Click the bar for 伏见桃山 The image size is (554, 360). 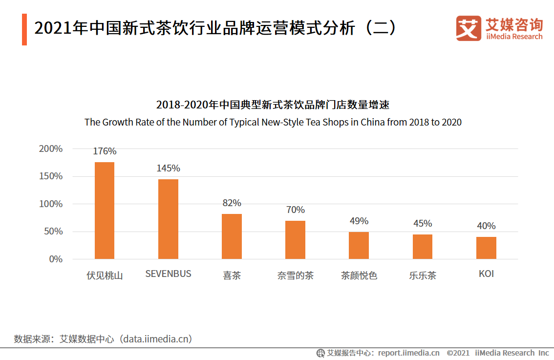coord(105,211)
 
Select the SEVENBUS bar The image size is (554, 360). coord(168,219)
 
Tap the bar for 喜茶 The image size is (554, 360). coord(232,236)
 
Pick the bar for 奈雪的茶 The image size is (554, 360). coord(295,240)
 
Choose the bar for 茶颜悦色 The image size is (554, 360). coord(359,245)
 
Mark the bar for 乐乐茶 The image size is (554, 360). coord(423,247)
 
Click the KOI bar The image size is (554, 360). coord(486,248)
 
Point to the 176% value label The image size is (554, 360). coord(105,151)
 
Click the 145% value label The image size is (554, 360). coord(168,168)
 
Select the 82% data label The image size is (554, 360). coord(232,203)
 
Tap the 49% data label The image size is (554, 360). coord(359,221)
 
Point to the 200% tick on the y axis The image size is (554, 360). coord(51,149)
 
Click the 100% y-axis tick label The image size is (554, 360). coord(51,204)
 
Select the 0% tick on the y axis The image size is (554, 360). coord(56,259)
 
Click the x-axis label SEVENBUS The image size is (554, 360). coord(168,274)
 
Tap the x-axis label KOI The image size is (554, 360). coord(486,274)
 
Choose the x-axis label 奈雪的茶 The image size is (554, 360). coord(295,275)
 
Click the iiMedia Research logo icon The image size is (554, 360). coord(469,28)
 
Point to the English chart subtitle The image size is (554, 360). coord(273,122)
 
